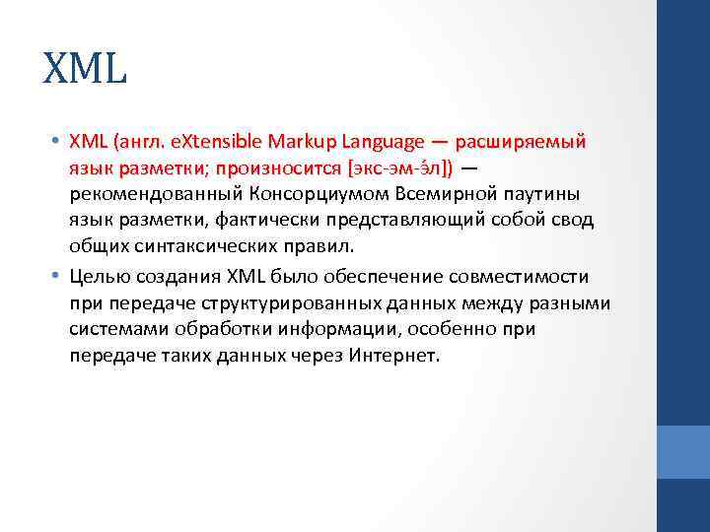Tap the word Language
tap(373, 143)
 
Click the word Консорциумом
tap(313, 194)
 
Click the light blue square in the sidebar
tap(683, 451)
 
